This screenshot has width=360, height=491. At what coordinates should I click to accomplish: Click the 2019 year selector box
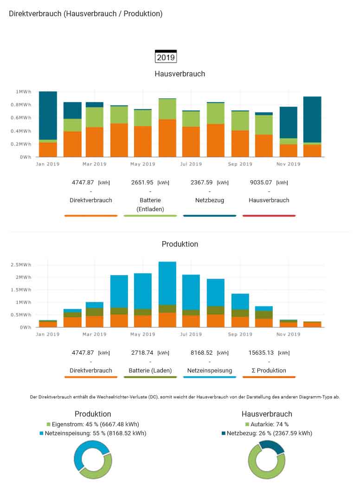tap(166, 57)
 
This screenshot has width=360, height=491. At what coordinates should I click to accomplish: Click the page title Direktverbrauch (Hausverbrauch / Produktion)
tap(86, 14)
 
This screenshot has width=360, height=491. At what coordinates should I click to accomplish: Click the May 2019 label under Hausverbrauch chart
tap(142, 164)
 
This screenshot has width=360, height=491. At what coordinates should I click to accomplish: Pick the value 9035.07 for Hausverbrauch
tap(262, 182)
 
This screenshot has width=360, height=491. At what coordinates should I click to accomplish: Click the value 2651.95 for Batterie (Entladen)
tap(144, 182)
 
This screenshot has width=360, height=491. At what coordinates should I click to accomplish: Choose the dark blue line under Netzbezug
tap(210, 216)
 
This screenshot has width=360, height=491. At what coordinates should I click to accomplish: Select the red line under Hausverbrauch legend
tap(269, 216)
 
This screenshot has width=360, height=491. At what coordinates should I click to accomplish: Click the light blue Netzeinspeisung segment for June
tap(167, 283)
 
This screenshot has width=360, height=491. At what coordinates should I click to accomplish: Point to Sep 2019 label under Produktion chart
tap(240, 334)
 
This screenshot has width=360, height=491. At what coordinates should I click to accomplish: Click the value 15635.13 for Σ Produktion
tap(263, 352)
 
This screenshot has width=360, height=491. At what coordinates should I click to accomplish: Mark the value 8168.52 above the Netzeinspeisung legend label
tap(203, 352)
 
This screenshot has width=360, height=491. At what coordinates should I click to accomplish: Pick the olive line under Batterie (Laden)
tap(150, 377)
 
